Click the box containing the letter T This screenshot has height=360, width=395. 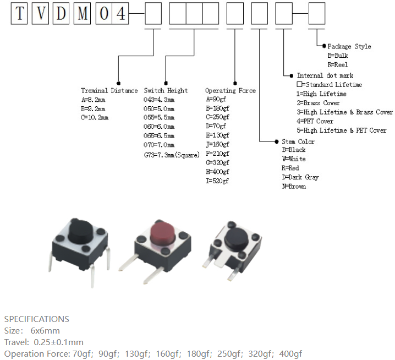click(19, 13)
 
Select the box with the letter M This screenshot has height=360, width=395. click(83, 13)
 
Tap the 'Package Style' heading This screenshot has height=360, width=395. click(349, 46)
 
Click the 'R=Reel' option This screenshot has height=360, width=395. click(338, 65)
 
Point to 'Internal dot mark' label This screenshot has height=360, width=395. click(325, 75)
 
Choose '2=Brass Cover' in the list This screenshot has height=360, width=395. click(318, 103)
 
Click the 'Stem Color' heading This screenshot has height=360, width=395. click(298, 141)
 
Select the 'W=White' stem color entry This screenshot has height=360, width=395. click(294, 159)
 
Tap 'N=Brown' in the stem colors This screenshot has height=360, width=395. click(294, 186)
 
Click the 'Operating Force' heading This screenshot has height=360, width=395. click(231, 90)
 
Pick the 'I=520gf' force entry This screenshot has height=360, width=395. click(217, 181)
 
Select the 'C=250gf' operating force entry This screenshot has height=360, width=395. click(217, 117)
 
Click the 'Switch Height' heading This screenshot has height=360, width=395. click(166, 90)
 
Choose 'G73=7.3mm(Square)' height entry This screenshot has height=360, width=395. click(172, 155)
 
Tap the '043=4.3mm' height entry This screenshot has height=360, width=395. click(159, 100)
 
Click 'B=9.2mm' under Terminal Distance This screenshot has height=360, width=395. click(93, 109)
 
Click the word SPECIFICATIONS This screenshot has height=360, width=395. click(37, 319)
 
